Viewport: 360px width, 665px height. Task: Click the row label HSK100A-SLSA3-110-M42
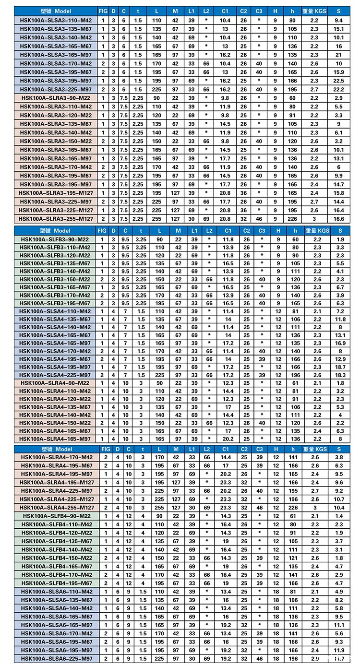coord(56,21)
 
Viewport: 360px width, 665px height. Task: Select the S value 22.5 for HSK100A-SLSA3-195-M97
coord(339,81)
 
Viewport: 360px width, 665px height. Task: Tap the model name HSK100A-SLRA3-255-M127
coord(56,219)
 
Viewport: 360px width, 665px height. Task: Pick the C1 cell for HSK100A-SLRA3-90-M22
coord(225,98)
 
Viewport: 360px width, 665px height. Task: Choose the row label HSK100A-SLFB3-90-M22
coord(56,239)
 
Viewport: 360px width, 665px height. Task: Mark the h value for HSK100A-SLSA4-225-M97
coord(293,375)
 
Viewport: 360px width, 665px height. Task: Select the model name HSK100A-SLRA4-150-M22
coord(56,423)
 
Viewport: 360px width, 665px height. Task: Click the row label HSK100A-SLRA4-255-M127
coord(56,507)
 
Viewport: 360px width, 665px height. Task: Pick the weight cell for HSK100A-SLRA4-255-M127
coord(315,507)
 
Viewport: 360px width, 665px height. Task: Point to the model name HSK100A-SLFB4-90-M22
coord(56,516)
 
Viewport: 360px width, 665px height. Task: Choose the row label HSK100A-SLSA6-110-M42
coord(56,592)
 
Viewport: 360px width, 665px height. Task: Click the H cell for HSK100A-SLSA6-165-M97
coord(276,625)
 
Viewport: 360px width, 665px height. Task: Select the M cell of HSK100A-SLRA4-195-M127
coord(176,482)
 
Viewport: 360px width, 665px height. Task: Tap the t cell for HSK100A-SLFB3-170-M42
coord(141,296)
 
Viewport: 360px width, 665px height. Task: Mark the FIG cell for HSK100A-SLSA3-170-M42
coord(103,64)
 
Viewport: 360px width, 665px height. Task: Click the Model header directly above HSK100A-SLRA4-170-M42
coord(56,449)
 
